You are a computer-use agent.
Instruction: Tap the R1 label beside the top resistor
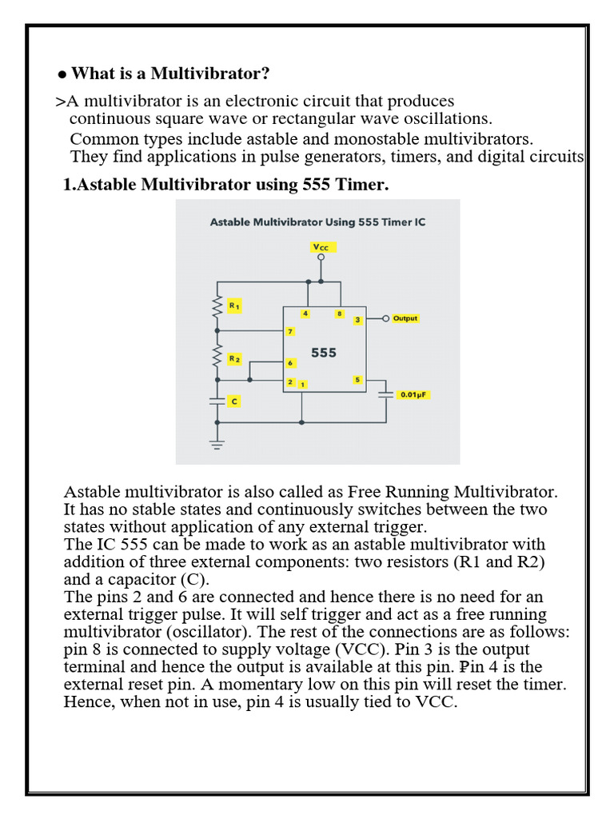[x=234, y=306]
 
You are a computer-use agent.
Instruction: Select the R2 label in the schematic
[x=234, y=359]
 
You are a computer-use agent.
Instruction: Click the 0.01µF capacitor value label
[x=416, y=394]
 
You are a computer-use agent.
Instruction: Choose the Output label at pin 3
[x=405, y=318]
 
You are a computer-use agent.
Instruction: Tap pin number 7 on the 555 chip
[x=290, y=331]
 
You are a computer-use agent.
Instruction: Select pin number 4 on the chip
[x=305, y=314]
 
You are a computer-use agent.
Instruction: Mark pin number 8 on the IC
[x=340, y=314]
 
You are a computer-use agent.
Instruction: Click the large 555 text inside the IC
[x=324, y=352]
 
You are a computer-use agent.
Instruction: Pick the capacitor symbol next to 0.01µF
[x=387, y=394]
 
